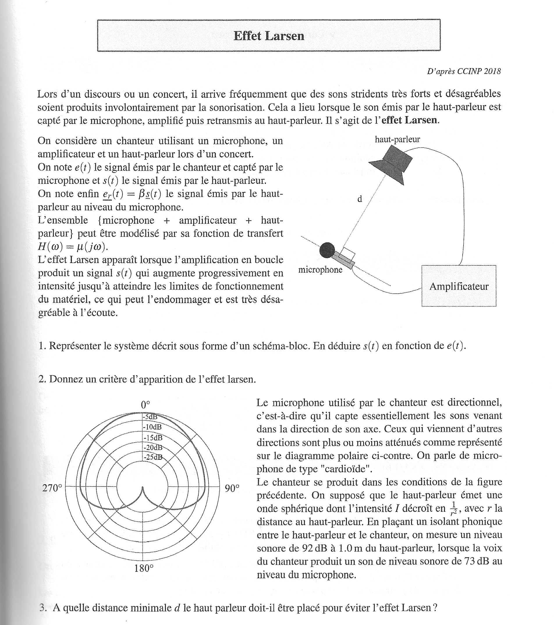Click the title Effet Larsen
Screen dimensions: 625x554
pyautogui.click(x=269, y=36)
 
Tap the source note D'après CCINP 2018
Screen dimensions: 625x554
pyautogui.click(x=464, y=71)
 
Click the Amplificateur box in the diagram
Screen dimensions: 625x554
pyautogui.click(x=459, y=286)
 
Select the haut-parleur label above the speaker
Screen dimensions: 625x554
pyautogui.click(x=397, y=139)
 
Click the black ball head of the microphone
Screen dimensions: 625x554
pyautogui.click(x=327, y=250)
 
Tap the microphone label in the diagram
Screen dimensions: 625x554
pyautogui.click(x=320, y=270)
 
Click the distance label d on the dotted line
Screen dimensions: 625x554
pyautogui.click(x=360, y=199)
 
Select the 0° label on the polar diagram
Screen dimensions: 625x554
pyautogui.click(x=145, y=405)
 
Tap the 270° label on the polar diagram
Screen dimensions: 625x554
pyautogui.click(x=52, y=488)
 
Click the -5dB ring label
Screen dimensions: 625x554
pyautogui.click(x=150, y=416)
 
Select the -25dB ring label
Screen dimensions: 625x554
pyautogui.click(x=152, y=457)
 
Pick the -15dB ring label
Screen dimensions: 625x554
pyautogui.click(x=152, y=437)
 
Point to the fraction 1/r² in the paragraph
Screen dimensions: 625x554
pyautogui.click(x=454, y=508)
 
